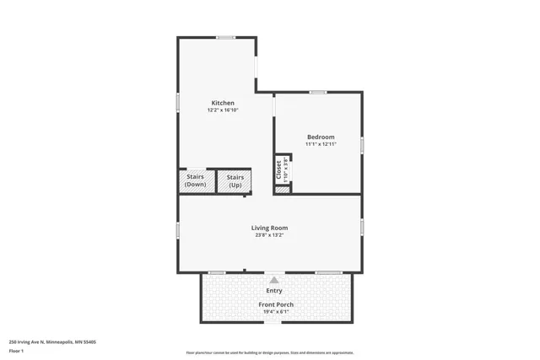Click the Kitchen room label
coord(223,103)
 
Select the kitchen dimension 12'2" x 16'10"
coord(223,110)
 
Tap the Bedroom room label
coord(321,137)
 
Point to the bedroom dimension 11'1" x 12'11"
coord(321,144)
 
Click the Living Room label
coord(269,228)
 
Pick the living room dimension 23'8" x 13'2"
coord(269,235)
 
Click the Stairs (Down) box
coord(196,181)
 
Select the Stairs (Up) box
coord(235,181)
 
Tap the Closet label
coord(279,169)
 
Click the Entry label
coord(274,291)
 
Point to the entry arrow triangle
coord(273,280)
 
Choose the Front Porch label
coord(273,304)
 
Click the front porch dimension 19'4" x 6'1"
coord(273,312)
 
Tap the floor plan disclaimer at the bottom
coord(269,353)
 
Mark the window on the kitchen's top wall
coord(225,37)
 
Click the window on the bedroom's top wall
coord(317,92)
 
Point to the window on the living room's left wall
coord(178,230)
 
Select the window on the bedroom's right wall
coord(362,145)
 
